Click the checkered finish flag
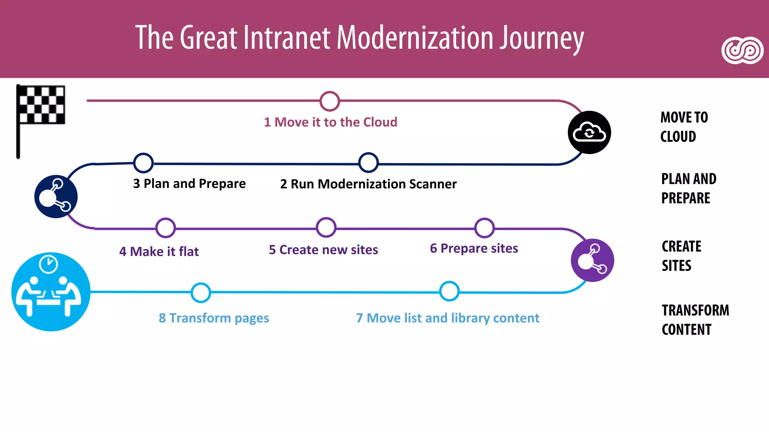pyautogui.click(x=41, y=105)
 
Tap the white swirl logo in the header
pyautogui.click(x=742, y=51)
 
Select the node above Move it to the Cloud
pyautogui.click(x=330, y=101)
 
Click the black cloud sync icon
pyautogui.click(x=589, y=132)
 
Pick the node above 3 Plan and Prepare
pyautogui.click(x=143, y=163)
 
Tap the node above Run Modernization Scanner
pyautogui.click(x=368, y=163)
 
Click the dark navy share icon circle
pyautogui.click(x=56, y=196)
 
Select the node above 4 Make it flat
pyautogui.click(x=166, y=228)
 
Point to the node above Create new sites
pyautogui.click(x=326, y=227)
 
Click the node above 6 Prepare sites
pyautogui.click(x=484, y=228)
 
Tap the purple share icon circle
pyautogui.click(x=592, y=260)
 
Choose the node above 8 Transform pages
pyautogui.click(x=201, y=292)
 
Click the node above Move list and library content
pyautogui.click(x=449, y=291)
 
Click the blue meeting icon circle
pyautogui.click(x=51, y=292)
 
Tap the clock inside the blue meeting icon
pyautogui.click(x=48, y=264)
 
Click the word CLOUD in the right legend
pyautogui.click(x=678, y=136)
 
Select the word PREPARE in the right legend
pyautogui.click(x=686, y=198)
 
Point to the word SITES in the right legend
pyautogui.click(x=676, y=265)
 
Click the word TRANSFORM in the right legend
pyautogui.click(x=695, y=310)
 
